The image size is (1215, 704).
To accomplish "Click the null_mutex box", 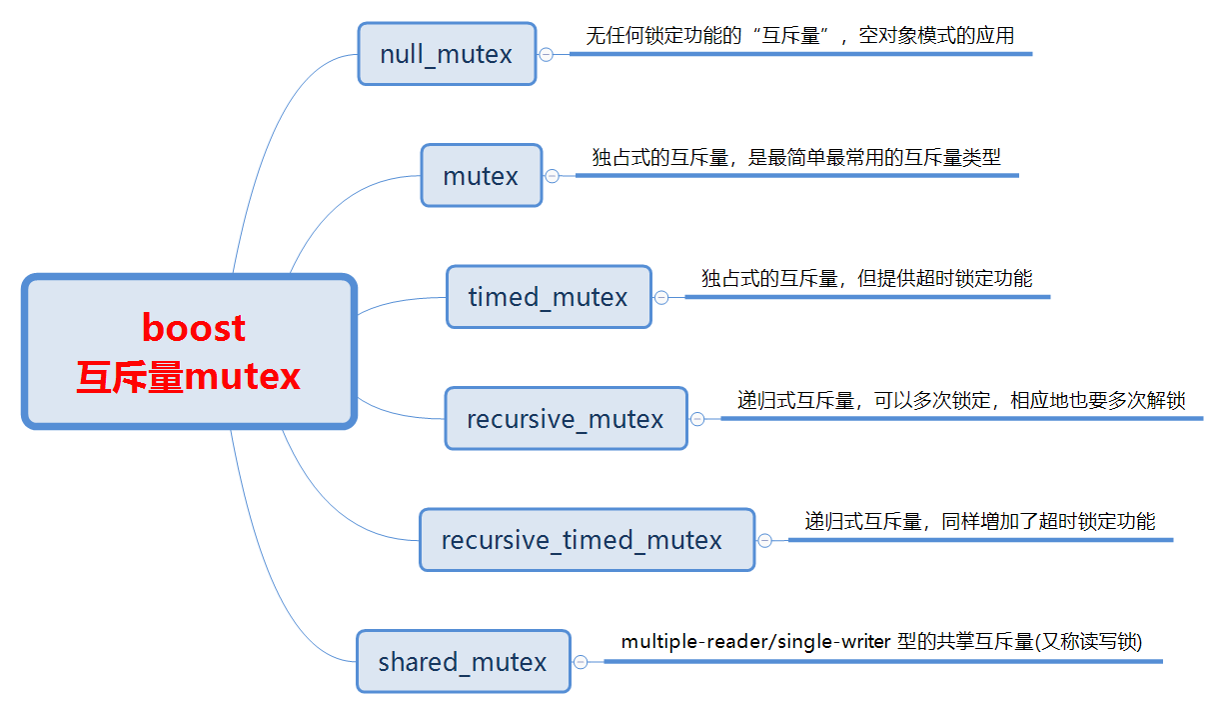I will click(447, 54).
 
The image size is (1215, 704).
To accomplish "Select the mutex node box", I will click(481, 176).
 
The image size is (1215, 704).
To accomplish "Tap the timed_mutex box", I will click(549, 297).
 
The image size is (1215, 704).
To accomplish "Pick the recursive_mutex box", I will click(566, 418).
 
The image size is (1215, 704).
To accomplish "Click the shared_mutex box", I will click(463, 661).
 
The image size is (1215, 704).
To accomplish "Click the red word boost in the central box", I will click(194, 327).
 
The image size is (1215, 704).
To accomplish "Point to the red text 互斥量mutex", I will click(190, 377).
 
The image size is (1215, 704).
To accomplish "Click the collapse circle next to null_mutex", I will click(546, 54).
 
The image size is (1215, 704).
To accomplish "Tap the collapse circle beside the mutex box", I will click(552, 176).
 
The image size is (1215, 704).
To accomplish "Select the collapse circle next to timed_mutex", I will click(661, 297).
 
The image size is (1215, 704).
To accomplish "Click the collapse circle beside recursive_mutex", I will click(697, 419).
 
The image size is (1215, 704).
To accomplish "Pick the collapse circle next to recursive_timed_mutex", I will click(764, 540).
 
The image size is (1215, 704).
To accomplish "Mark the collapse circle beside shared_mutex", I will click(581, 661).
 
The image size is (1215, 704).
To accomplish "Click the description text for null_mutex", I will click(799, 36).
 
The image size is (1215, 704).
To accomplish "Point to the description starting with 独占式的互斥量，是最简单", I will click(795, 157).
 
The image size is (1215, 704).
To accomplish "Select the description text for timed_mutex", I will click(866, 278).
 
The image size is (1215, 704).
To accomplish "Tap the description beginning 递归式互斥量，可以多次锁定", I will click(960, 400).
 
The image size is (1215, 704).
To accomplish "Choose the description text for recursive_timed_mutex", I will click(979, 521).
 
